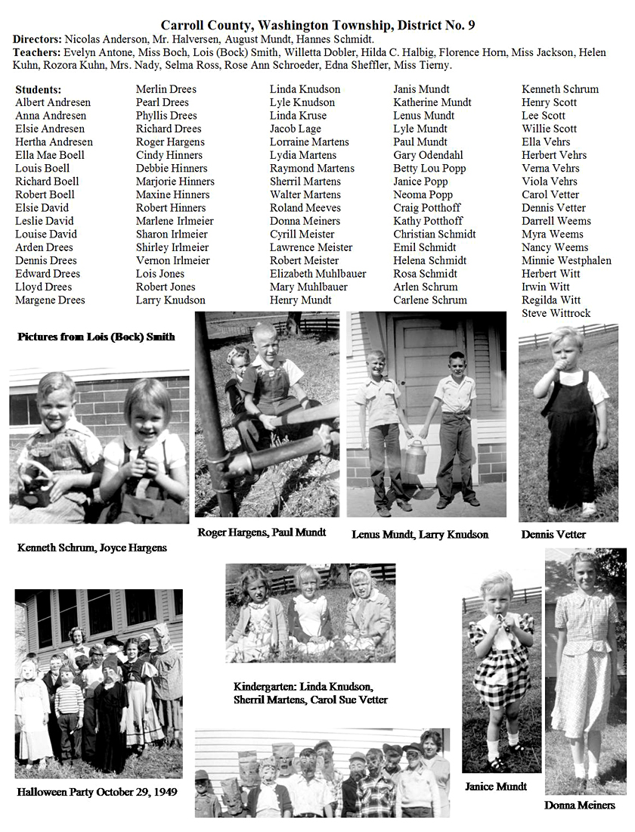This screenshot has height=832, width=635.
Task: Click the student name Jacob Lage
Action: (x=295, y=129)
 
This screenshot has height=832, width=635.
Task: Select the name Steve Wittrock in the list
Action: (x=556, y=313)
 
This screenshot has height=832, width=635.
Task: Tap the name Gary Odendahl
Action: (x=429, y=155)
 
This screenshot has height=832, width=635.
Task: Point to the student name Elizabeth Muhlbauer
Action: (x=317, y=274)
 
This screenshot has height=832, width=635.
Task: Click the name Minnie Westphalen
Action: (x=566, y=260)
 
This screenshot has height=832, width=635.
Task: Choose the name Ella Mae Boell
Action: (x=50, y=155)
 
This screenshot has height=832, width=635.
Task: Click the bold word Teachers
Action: (x=36, y=52)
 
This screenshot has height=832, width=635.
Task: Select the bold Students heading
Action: (x=39, y=89)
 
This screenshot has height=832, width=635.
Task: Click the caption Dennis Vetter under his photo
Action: (x=553, y=534)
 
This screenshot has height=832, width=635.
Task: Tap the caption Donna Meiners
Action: (x=579, y=805)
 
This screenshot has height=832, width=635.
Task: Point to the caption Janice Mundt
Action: (x=495, y=787)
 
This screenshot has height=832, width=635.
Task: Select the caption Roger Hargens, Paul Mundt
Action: (x=262, y=532)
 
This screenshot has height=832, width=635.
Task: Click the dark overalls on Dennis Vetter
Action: (x=571, y=446)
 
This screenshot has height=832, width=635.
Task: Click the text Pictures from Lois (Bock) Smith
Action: (x=96, y=336)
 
